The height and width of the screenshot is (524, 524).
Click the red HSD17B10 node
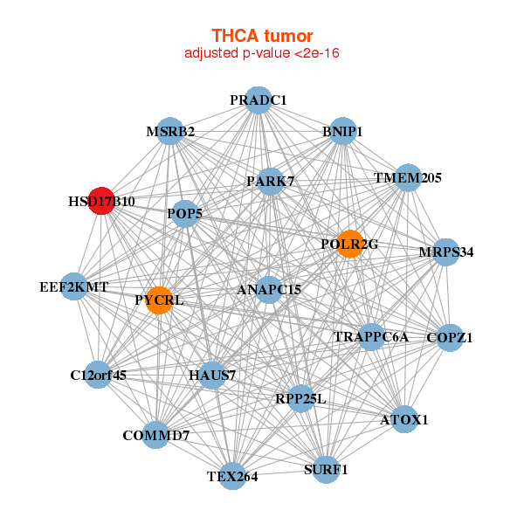pos(101,200)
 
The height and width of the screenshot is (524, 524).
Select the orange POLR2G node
pos(349,243)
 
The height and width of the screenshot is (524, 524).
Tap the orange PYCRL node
pos(160,300)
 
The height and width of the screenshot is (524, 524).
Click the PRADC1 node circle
pos(258,100)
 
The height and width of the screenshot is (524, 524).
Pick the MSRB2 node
pos(169,131)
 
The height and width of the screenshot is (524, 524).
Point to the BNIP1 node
pos(341,131)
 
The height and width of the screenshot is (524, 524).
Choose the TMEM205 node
pos(408,177)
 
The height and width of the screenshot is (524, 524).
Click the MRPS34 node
pos(445,252)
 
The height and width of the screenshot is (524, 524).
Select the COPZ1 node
pos(449,337)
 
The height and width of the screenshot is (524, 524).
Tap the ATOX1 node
pos(403,419)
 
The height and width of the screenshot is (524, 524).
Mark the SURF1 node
pos(325,469)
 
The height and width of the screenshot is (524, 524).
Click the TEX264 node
pos(232,476)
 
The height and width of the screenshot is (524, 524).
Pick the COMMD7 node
pos(155,435)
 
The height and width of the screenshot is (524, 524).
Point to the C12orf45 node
pos(98,376)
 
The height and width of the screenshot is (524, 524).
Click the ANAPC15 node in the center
pos(269,289)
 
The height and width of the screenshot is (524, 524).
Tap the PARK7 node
pos(270,181)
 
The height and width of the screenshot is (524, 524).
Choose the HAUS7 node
pos(212,376)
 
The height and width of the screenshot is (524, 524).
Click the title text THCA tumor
pos(262,36)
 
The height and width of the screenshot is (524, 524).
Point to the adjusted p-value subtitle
pos(262,53)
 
